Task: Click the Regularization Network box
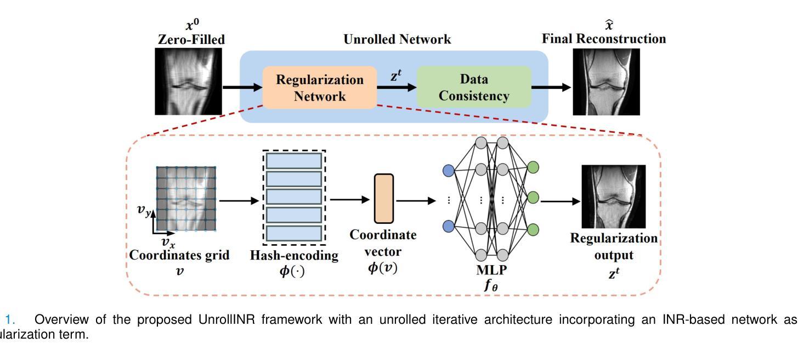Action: [320, 87]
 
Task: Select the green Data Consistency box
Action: [474, 87]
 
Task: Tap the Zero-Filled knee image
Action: [189, 81]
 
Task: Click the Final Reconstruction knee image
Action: [607, 81]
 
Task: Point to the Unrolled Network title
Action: [397, 40]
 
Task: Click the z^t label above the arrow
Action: [397, 77]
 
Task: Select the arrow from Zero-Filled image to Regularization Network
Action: [242, 87]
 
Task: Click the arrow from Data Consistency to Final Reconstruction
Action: [552, 87]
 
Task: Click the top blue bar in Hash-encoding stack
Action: [294, 161]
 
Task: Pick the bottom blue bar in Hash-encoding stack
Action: [294, 233]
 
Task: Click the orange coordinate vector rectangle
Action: [384, 198]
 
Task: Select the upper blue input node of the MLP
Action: [449, 171]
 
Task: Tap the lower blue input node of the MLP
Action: [449, 226]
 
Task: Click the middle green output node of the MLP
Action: [533, 196]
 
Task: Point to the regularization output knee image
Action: [614, 196]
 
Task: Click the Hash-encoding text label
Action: [294, 255]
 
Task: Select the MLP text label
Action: [491, 270]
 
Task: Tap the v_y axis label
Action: [144, 210]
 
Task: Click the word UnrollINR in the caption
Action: [236, 320]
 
